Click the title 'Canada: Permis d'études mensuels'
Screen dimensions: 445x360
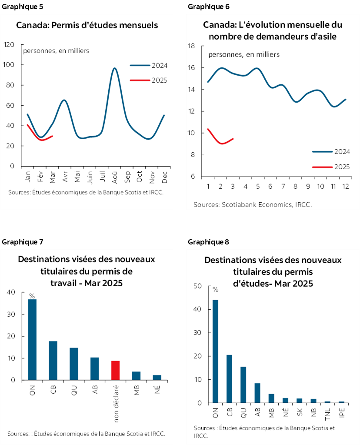(x=87, y=25)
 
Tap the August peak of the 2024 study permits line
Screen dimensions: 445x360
(x=114, y=68)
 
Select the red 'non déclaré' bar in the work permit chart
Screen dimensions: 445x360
(x=115, y=370)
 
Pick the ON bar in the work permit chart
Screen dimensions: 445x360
(x=32, y=339)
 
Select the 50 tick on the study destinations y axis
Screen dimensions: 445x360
(x=197, y=286)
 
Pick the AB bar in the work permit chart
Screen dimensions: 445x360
(x=94, y=368)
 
